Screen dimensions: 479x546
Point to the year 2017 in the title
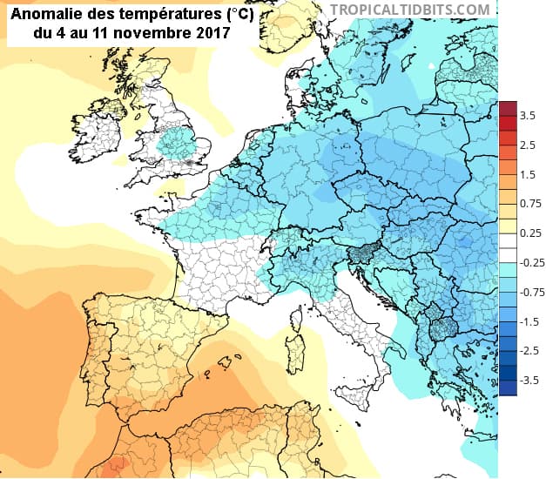213,34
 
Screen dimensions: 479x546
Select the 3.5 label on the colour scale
527,115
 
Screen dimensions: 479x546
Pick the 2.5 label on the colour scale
527,145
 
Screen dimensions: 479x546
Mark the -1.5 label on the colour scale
527,321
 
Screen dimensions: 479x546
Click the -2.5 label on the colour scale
527,351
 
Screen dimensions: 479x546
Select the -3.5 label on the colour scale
527,381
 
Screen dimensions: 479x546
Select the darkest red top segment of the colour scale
508,108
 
